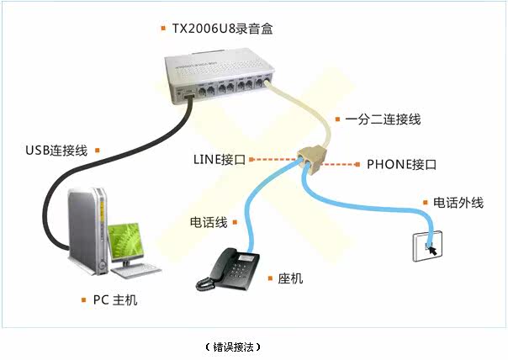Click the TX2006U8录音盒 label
pyautogui.click(x=222, y=29)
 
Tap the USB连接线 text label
pyautogui.click(x=56, y=151)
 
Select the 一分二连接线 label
pyautogui.click(x=383, y=119)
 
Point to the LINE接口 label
pyautogui.click(x=220, y=160)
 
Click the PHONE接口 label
pyautogui.click(x=401, y=164)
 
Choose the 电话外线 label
pyautogui.click(x=458, y=203)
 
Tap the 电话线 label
pyautogui.click(x=209, y=222)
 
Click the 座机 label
pyautogui.click(x=290, y=278)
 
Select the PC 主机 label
pyautogui.click(x=115, y=300)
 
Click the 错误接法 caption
pyautogui.click(x=233, y=347)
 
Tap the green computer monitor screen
pyautogui.click(x=125, y=241)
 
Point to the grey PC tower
pyautogui.click(x=87, y=231)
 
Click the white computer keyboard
pyautogui.click(x=135, y=271)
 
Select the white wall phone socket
pyautogui.click(x=427, y=246)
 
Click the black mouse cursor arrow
pyautogui.click(x=433, y=250)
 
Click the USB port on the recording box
pyautogui.click(x=189, y=96)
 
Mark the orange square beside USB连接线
pyautogui.click(x=98, y=151)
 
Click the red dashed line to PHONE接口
pyautogui.click(x=337, y=165)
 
